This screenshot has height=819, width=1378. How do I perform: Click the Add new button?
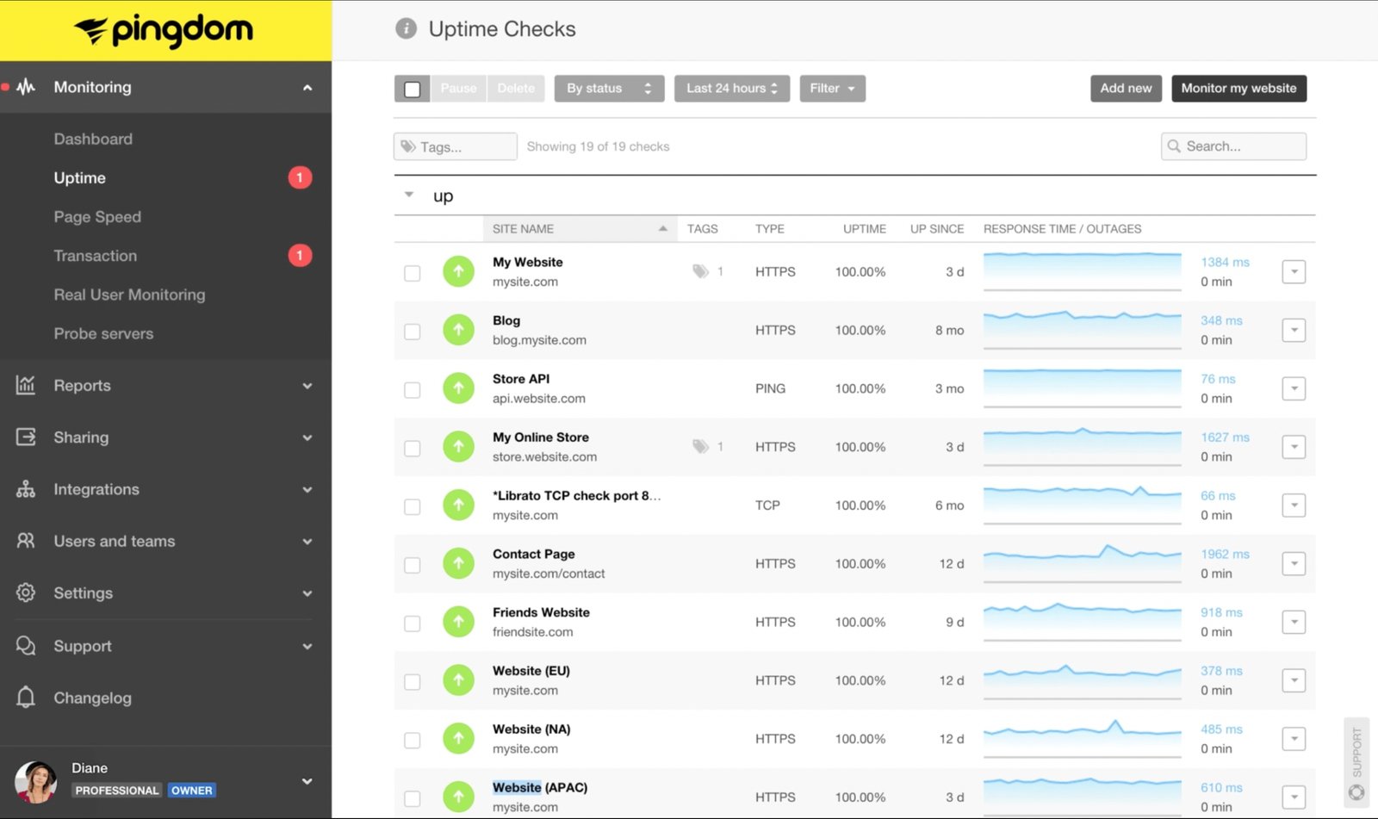tap(1126, 88)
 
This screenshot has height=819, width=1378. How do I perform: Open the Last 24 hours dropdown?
tap(731, 88)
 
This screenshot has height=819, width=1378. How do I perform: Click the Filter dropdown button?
tap(832, 88)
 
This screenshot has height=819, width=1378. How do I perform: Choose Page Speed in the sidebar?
tap(97, 217)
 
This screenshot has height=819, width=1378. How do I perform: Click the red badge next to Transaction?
tap(300, 255)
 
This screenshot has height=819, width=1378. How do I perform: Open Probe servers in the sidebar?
tap(103, 333)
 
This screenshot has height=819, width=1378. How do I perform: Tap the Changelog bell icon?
tap(26, 697)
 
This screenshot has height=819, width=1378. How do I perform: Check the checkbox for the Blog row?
tap(413, 332)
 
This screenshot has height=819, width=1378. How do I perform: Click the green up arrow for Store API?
tap(458, 388)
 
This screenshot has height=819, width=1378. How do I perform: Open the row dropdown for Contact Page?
tap(1294, 564)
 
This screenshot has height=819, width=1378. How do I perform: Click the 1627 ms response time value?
tap(1225, 437)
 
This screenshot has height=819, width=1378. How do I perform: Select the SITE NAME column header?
tap(523, 229)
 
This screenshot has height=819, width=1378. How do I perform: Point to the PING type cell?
tap(770, 388)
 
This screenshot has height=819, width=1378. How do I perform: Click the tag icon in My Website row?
tap(700, 271)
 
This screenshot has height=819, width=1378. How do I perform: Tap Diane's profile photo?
tap(36, 781)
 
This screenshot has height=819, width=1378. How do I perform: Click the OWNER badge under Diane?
tap(191, 791)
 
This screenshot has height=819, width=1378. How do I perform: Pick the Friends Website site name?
tap(541, 612)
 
